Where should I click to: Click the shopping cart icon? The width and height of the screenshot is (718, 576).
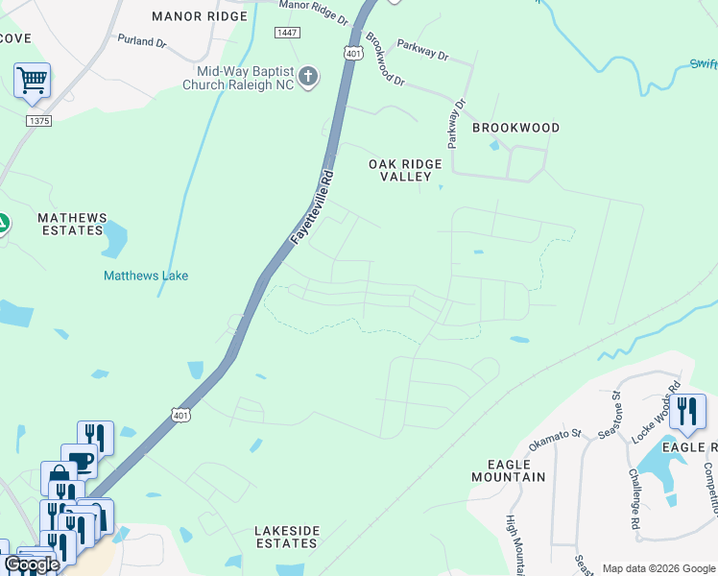click(32, 80)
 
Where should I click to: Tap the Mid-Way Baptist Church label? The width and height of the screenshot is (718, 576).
click(243, 78)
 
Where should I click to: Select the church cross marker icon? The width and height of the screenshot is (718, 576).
click(308, 77)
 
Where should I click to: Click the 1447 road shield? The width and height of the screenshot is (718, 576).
click(286, 33)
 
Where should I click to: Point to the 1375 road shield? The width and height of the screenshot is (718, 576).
click(38, 120)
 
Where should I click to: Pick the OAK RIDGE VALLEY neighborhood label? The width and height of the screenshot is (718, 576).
click(405, 171)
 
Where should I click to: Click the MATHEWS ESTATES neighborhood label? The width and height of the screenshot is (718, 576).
click(71, 225)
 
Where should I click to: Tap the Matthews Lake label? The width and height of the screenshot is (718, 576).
click(146, 276)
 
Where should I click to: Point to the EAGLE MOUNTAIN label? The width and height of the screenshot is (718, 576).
click(508, 469)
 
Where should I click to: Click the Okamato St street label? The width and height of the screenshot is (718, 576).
click(556, 440)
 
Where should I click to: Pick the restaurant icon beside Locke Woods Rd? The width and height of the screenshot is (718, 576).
click(687, 412)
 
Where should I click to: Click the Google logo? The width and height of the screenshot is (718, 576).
click(32, 564)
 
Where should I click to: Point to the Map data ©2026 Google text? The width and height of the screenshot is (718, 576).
click(658, 568)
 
